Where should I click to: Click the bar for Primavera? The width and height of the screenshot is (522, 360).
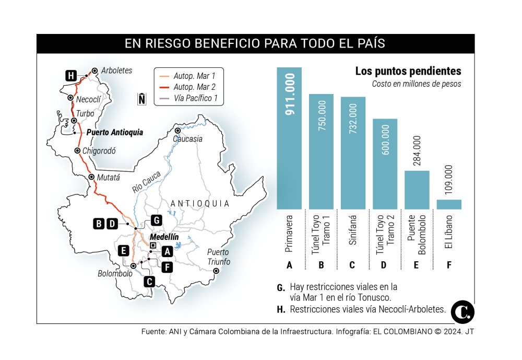(289, 138)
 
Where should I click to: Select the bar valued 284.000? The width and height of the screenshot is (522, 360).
(417, 190)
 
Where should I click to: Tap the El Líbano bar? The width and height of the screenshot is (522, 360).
(449, 204)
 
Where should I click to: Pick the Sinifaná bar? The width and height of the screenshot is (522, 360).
(353, 153)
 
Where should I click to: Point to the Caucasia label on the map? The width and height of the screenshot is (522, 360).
(188, 139)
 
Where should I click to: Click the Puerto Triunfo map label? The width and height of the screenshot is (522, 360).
(218, 257)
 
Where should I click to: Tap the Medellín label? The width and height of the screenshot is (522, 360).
(164, 237)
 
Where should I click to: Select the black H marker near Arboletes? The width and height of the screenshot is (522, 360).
(72, 75)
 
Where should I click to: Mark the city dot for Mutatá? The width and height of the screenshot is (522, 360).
(91, 177)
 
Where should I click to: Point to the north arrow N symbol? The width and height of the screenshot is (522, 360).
(141, 99)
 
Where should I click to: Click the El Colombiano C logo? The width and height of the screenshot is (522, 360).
(463, 312)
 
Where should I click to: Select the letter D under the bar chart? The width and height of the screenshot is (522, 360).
(384, 265)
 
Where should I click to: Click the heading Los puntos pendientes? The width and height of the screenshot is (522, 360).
(408, 72)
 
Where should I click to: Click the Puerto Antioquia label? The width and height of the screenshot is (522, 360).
(114, 133)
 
